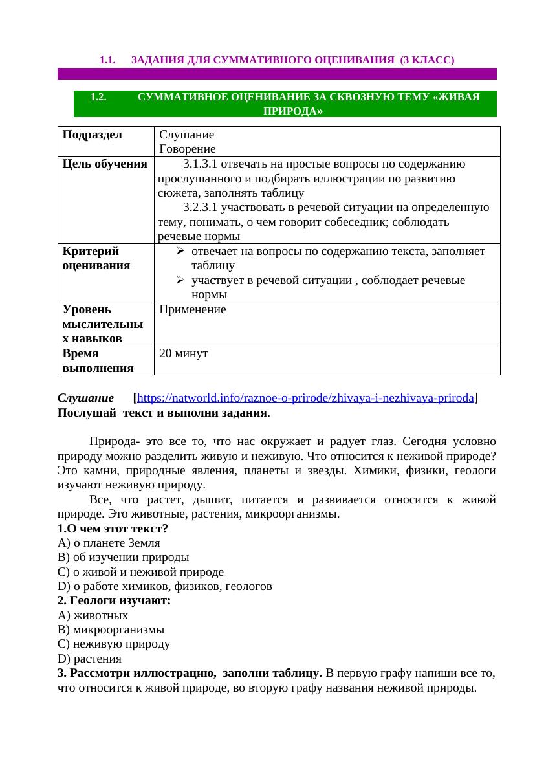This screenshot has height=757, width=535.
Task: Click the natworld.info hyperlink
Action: coord(305,398)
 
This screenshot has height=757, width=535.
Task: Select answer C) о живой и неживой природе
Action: coord(140,572)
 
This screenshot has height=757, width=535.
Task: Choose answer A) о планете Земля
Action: coord(109,543)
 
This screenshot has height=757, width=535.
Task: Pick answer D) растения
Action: coord(89,659)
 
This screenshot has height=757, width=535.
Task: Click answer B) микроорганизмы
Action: coord(111,630)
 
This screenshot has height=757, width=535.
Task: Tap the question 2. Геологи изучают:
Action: coord(114,601)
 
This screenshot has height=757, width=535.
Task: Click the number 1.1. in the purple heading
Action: coord(107,60)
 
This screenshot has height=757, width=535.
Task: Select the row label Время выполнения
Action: coord(98,361)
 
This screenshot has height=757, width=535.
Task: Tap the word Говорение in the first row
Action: coord(187,149)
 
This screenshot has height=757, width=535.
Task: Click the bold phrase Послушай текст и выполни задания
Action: coord(162,412)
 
